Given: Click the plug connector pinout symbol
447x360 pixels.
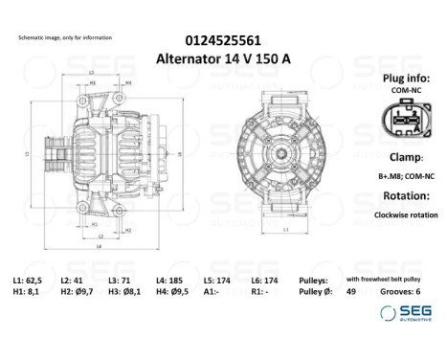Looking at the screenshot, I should (x=400, y=121).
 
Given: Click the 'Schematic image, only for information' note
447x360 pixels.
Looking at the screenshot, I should (x=64, y=37).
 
